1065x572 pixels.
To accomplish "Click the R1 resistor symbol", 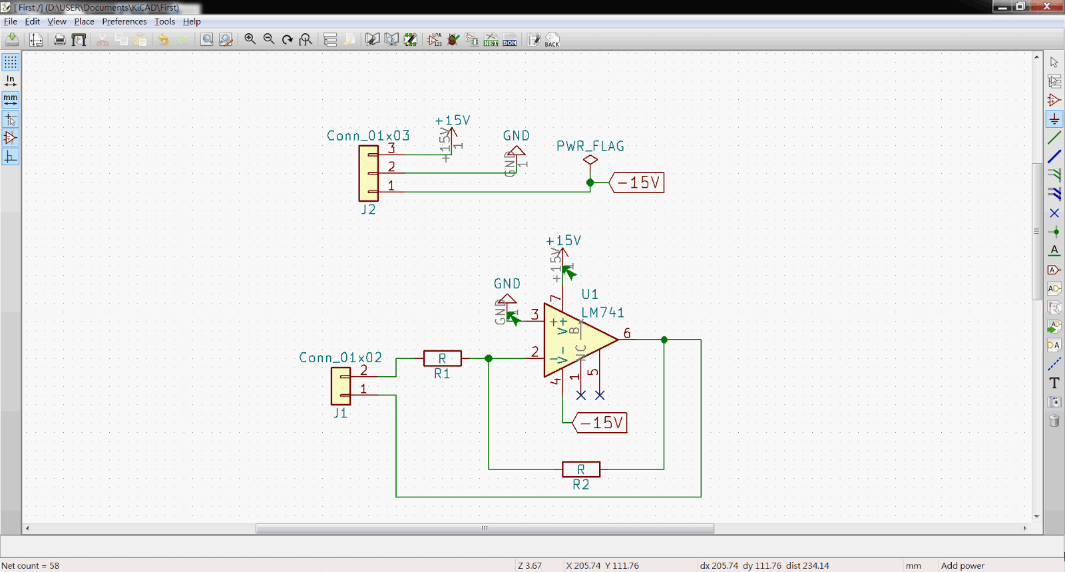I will tap(442, 358).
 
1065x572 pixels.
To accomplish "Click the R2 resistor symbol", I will tap(580, 469).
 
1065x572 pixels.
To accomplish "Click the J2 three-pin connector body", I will tap(368, 173).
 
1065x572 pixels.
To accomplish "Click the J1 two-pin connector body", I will tap(340, 386).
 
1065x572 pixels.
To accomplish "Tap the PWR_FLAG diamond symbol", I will tap(590, 160).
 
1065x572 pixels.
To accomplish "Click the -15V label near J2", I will tap(637, 182).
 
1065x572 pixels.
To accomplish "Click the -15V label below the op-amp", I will tap(600, 423).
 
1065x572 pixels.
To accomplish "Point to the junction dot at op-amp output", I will tap(664, 340).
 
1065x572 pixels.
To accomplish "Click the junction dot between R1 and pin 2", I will tap(489, 358).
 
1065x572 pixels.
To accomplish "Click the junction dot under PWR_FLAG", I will tap(590, 182).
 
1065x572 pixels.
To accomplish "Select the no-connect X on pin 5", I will tap(600, 396).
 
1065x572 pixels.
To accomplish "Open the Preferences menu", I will tap(124, 21).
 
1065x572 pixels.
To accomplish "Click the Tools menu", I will tap(164, 21).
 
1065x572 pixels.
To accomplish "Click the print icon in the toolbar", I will tap(60, 40).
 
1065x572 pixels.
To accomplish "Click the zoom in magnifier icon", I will tap(250, 39).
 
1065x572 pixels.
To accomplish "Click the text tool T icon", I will tap(1054, 383).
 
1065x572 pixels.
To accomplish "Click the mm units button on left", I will tap(11, 100).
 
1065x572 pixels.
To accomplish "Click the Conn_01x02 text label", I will tap(340, 358).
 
